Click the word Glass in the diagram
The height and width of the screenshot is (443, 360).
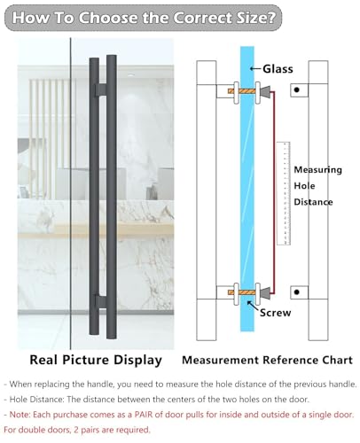278,69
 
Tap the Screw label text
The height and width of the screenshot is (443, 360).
275,313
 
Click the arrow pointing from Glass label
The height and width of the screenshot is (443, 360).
255,69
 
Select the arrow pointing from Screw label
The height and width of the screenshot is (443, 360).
253,306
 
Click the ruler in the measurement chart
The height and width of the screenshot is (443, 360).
283,193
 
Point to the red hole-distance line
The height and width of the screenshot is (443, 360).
273,192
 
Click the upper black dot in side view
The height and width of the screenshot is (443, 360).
297,89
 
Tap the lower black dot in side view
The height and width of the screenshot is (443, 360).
297,292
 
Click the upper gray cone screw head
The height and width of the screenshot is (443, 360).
266,92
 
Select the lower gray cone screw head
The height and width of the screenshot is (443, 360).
266,292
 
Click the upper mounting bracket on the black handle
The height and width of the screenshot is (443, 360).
101,89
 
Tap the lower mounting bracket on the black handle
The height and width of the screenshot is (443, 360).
101,301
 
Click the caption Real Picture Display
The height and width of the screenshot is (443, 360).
96,361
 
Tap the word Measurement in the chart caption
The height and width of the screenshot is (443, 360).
221,360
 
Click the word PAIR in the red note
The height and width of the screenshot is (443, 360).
144,415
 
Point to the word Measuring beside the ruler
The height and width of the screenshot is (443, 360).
317,170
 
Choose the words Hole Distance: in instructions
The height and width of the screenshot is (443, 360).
36,400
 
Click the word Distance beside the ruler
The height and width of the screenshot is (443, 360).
313,202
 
